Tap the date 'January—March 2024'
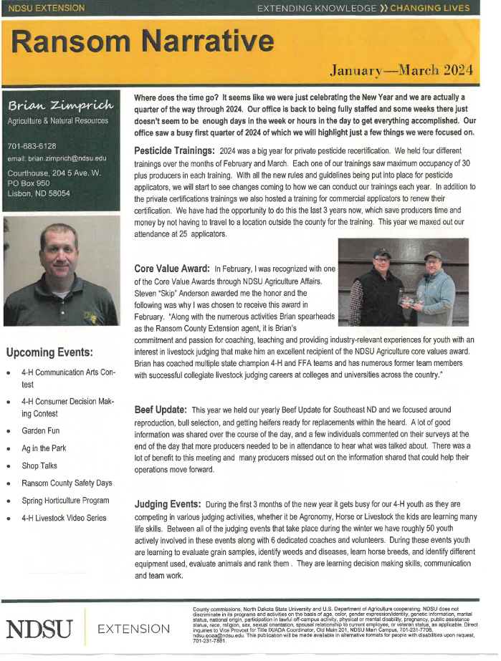click(x=401, y=69)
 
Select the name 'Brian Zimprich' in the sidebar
click(x=60, y=106)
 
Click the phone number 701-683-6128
click(x=32, y=146)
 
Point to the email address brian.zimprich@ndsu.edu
click(x=57, y=158)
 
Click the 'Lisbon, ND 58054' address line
click(x=39, y=193)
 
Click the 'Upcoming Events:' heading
click(x=49, y=352)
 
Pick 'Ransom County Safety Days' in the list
click(x=67, y=483)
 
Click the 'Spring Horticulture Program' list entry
click(x=65, y=501)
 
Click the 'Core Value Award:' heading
click(x=172, y=268)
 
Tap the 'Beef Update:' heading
click(x=161, y=410)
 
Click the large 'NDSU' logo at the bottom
click(x=40, y=629)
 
